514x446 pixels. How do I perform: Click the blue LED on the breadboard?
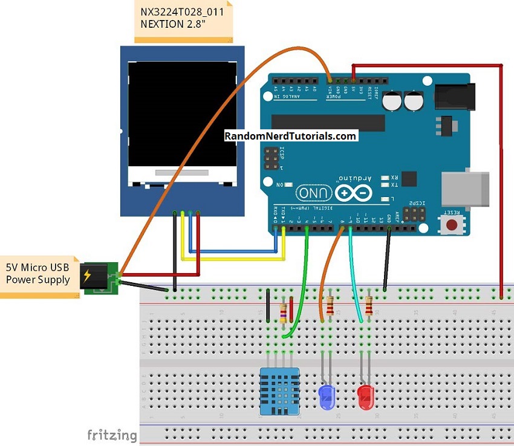click(x=327, y=396)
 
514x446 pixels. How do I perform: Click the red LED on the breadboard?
click(x=365, y=397)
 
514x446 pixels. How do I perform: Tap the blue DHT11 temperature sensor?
click(x=280, y=390)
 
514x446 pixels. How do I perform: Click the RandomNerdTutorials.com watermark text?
click(x=290, y=136)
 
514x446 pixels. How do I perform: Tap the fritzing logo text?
click(x=111, y=435)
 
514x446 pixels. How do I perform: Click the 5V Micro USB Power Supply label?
click(x=37, y=274)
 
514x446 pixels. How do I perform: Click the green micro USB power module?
click(x=100, y=279)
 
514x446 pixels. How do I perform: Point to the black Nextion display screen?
click(x=181, y=115)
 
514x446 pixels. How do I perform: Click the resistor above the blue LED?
click(x=330, y=307)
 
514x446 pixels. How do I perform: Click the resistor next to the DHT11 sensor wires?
click(x=284, y=312)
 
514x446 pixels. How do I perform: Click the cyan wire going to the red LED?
click(x=356, y=278)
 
